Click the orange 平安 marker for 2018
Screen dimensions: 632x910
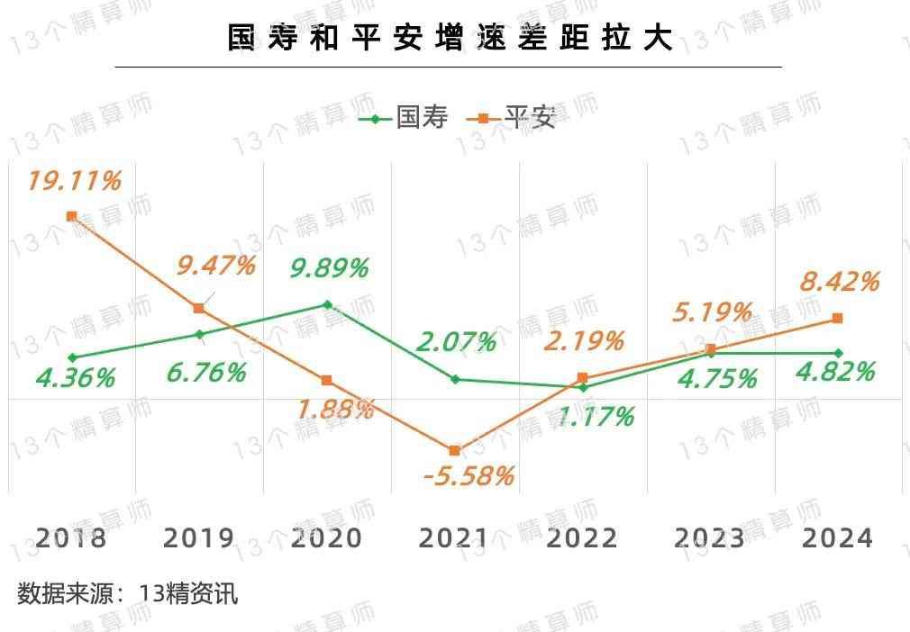(72, 216)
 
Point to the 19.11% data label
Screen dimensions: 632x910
(74, 181)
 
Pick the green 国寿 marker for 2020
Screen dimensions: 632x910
(327, 304)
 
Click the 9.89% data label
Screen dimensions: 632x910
(329, 267)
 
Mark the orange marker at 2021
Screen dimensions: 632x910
(454, 450)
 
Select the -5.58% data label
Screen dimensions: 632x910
(469, 475)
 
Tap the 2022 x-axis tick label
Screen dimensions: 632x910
(582, 538)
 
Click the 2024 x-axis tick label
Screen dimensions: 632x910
(837, 538)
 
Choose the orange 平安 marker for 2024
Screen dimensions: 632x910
(837, 318)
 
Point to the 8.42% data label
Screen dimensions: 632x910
(839, 282)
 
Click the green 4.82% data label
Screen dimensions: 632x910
(835, 371)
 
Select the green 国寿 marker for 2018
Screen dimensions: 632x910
(72, 357)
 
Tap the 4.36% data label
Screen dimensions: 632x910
(76, 378)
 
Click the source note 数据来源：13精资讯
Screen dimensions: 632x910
(128, 594)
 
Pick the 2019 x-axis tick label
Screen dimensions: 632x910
(198, 538)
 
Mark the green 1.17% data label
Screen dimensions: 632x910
(595, 417)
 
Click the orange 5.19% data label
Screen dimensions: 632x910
(712, 312)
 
